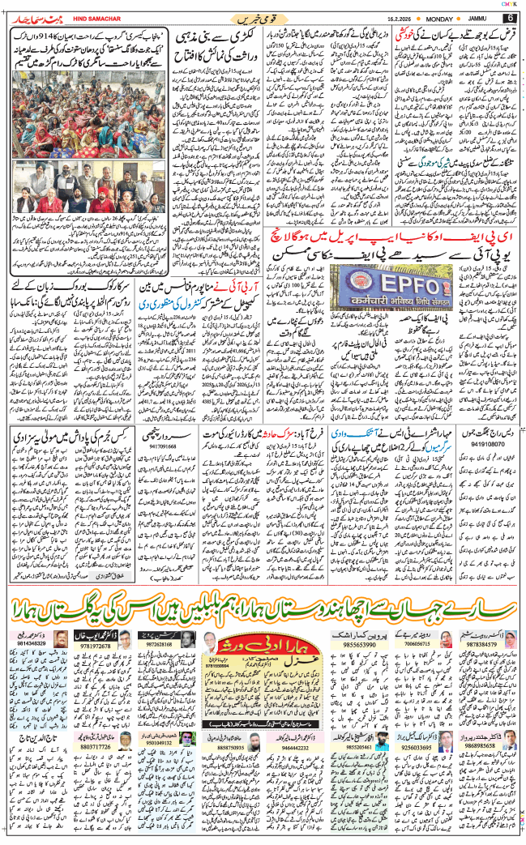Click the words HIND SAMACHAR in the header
[76, 16]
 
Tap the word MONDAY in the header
[438, 16]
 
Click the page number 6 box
[511, 16]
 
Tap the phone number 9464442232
[283, 746]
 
